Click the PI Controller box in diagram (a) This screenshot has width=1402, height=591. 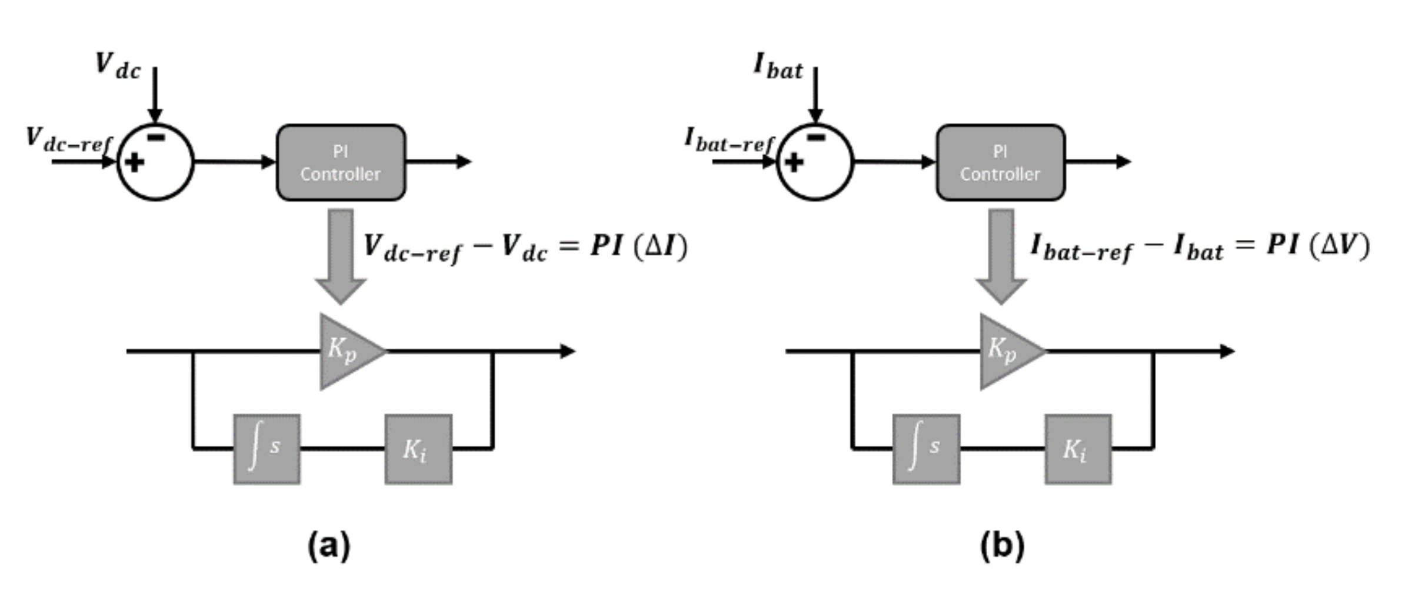[341, 163]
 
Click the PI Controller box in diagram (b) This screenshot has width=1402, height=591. [1000, 163]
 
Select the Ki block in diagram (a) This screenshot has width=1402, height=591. [418, 450]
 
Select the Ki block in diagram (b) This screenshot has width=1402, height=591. [1078, 450]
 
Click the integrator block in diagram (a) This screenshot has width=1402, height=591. [267, 450]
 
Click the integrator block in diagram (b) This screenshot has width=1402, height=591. [926, 450]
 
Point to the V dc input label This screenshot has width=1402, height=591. [118, 66]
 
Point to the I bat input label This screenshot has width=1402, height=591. [778, 66]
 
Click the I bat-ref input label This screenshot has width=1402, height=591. [729, 140]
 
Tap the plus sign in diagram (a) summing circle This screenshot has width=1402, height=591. [135, 162]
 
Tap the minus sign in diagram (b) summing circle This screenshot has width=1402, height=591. [816, 138]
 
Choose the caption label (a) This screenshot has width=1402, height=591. [329, 545]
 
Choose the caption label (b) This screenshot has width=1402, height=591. [1002, 545]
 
